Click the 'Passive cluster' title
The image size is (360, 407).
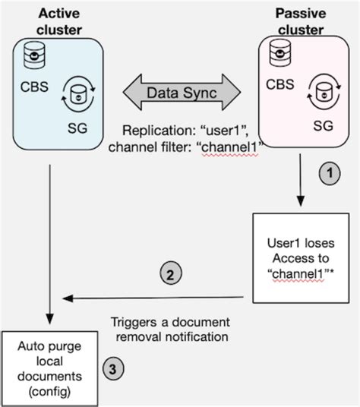[x=300, y=21]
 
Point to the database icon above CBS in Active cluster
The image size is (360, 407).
[x=33, y=55]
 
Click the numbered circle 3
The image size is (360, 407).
[x=112, y=370]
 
